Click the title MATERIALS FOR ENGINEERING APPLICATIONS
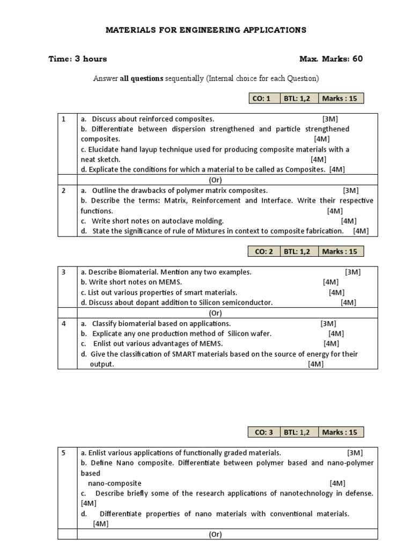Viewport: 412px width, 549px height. point(205,30)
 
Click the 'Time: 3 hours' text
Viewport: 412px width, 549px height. point(78,59)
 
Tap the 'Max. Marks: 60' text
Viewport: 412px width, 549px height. point(331,58)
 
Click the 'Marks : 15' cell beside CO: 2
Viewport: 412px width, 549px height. point(340,251)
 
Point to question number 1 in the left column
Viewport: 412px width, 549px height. point(64,119)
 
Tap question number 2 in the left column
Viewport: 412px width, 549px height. point(64,190)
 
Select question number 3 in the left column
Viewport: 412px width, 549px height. point(64,272)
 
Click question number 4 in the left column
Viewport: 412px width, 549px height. point(64,323)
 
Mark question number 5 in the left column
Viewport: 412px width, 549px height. point(64,452)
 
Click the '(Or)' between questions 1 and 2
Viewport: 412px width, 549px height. point(216,180)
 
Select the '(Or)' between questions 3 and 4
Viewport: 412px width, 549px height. point(216,313)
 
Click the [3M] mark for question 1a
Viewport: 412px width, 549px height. point(330,119)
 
